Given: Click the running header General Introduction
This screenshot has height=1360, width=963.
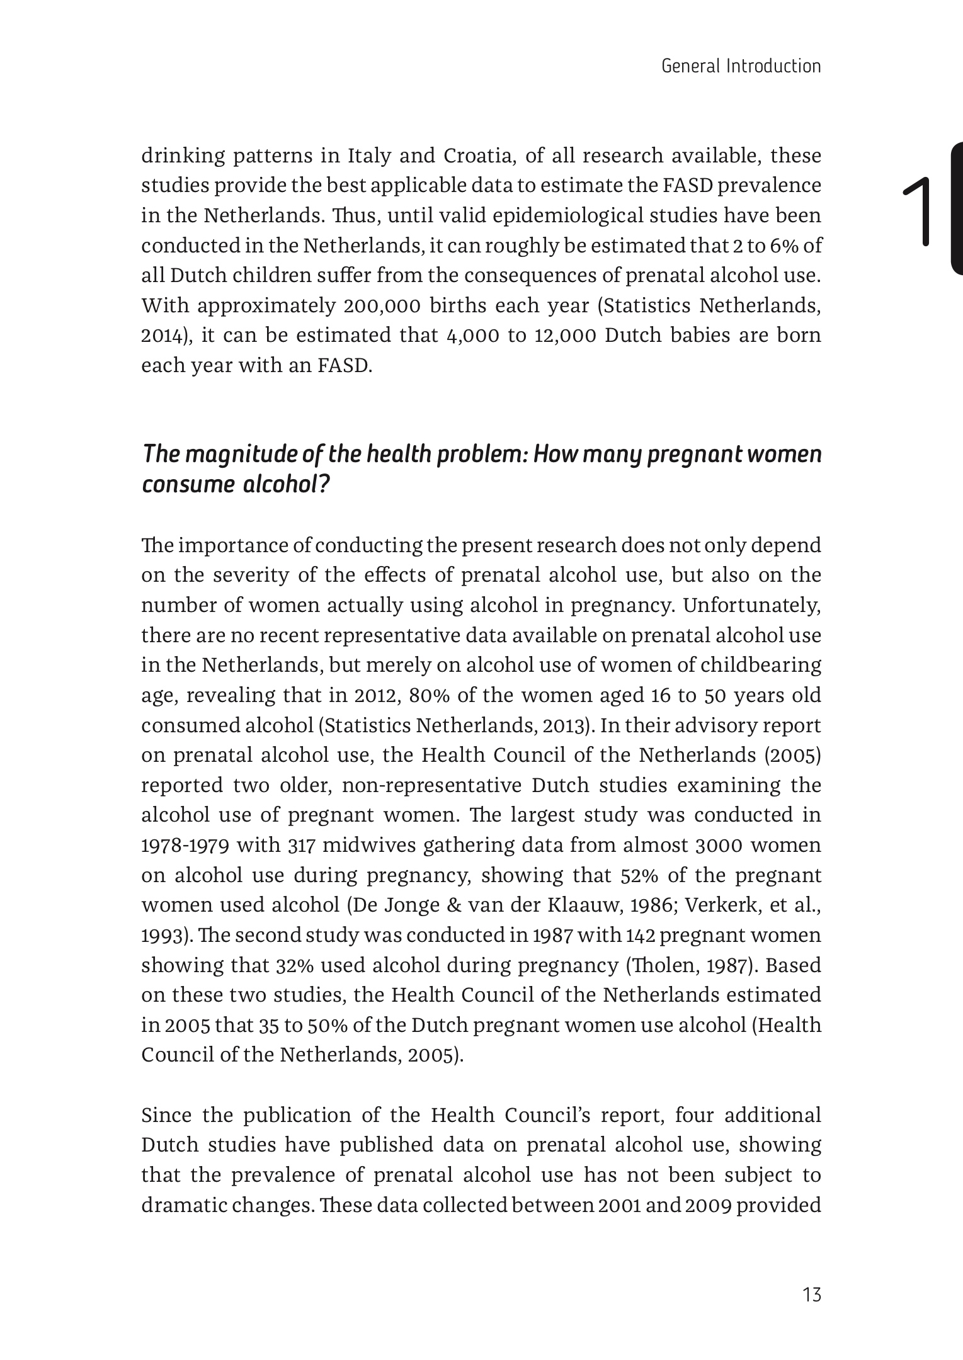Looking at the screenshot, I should [741, 66].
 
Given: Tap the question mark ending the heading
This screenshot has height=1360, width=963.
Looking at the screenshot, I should [325, 485].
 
